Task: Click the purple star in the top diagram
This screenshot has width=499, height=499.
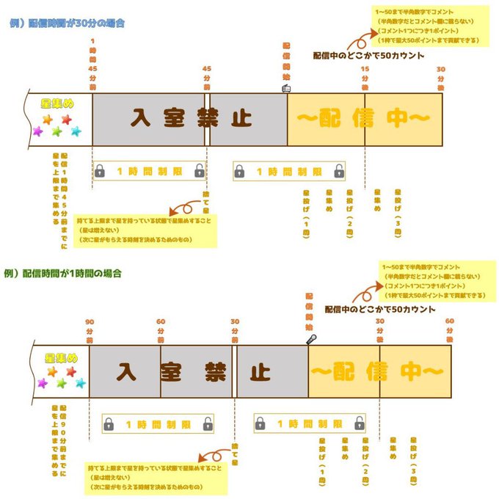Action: click(38, 131)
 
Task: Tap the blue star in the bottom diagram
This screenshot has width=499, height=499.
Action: click(81, 383)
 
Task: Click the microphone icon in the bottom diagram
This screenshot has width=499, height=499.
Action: click(312, 339)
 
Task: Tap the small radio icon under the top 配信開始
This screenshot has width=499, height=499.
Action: click(287, 87)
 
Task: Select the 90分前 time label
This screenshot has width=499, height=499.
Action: click(90, 330)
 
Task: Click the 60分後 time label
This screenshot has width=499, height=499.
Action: click(449, 330)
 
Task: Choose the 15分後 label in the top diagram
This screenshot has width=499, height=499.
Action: click(365, 77)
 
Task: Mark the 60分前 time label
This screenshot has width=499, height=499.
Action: click(161, 330)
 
